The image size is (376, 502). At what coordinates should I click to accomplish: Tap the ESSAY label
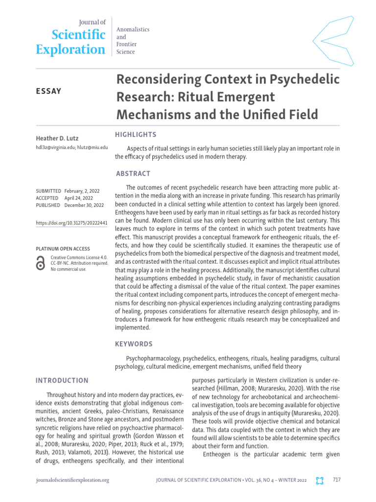point(48,91)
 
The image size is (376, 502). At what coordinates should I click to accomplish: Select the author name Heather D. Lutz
point(58,138)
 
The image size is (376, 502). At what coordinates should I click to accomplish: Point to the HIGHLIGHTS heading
point(136,134)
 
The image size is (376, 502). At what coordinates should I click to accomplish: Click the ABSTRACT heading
point(133,174)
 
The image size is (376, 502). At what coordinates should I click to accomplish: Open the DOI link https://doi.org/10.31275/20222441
point(71,223)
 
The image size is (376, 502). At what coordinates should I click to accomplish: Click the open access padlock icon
point(41,263)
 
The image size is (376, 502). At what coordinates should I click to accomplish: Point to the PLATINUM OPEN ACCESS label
point(61,249)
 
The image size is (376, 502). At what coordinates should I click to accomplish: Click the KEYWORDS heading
point(134,344)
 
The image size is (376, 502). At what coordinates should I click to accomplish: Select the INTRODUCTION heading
point(62,380)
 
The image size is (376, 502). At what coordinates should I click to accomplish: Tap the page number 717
point(336,479)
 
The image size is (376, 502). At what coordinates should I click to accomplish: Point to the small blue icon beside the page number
point(320,480)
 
